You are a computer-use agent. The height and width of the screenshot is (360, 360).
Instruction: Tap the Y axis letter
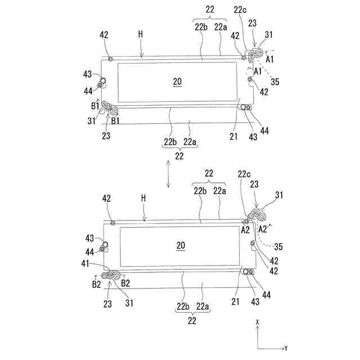286,348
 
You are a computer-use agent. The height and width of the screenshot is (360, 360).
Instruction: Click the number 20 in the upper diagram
177,82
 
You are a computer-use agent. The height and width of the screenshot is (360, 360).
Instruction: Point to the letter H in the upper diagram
141,34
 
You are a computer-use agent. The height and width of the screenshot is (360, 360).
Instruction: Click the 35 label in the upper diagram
274,82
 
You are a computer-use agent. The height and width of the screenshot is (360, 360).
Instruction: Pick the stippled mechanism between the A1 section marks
258,54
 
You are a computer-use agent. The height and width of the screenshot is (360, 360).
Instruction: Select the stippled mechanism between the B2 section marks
112,276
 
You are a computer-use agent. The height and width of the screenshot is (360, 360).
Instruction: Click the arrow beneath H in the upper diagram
142,51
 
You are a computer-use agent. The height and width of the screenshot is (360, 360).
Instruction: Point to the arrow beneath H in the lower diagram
145,215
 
